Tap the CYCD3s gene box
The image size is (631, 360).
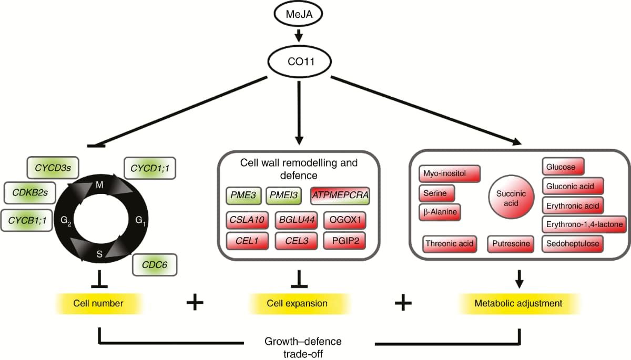click(53, 168)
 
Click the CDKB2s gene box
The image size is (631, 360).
click(30, 193)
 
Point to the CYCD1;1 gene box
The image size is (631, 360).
click(150, 168)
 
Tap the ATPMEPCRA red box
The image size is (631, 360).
click(341, 196)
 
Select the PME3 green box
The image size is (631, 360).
click(243, 196)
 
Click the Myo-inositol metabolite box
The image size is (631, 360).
click(450, 173)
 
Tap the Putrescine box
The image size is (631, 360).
click(510, 244)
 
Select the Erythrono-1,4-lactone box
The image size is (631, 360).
click(584, 224)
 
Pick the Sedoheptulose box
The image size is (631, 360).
click(572, 244)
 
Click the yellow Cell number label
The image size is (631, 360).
click(99, 303)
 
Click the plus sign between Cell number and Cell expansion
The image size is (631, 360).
click(195, 303)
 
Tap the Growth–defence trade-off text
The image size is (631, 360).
click(310, 347)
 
